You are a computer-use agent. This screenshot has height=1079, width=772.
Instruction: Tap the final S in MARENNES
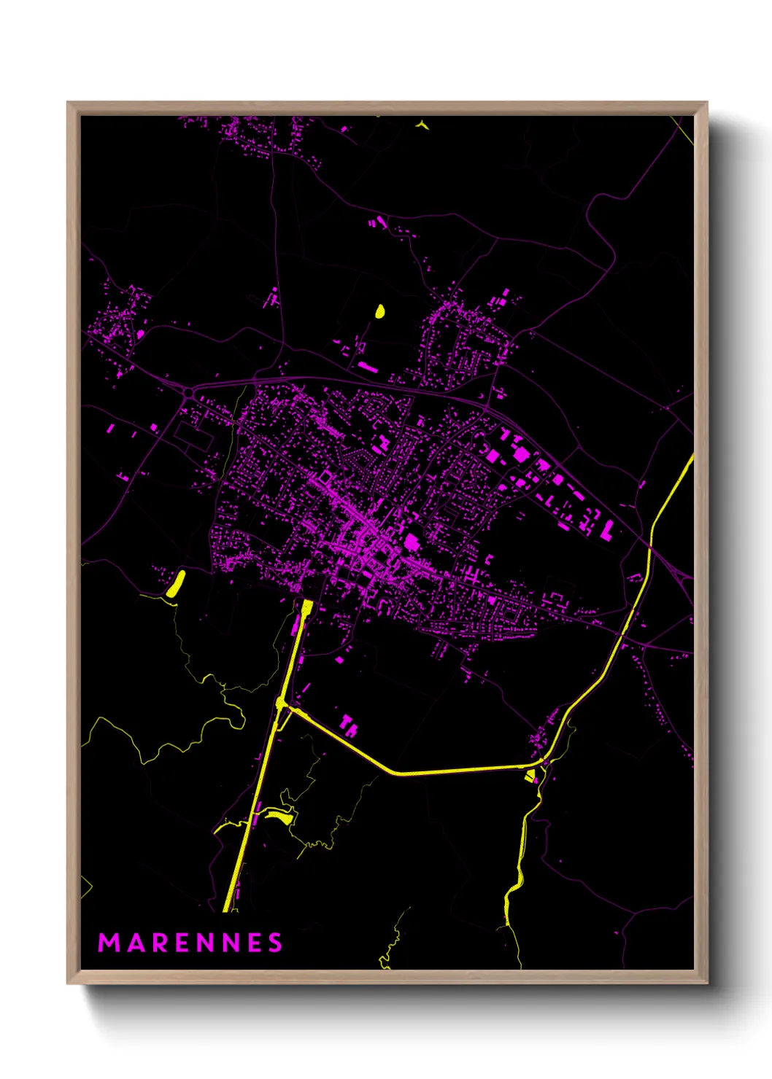pyautogui.click(x=275, y=943)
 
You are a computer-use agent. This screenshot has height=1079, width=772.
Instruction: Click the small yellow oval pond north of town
pyautogui.click(x=379, y=311)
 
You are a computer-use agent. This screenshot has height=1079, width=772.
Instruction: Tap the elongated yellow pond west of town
pyautogui.click(x=176, y=585)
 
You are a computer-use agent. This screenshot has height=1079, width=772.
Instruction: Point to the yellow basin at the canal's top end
pyautogui.click(x=307, y=607)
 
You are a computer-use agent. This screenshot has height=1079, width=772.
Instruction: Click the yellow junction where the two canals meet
pyautogui.click(x=282, y=703)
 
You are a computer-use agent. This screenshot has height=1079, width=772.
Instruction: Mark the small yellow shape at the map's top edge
pyautogui.click(x=422, y=125)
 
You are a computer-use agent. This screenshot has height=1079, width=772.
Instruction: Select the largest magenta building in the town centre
pyautogui.click(x=412, y=542)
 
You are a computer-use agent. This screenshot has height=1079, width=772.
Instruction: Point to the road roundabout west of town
pyautogui.click(x=189, y=393)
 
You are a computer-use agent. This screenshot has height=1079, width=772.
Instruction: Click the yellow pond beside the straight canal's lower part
pyautogui.click(x=279, y=815)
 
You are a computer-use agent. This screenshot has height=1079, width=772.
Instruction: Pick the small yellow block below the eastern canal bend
pyautogui.click(x=530, y=775)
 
